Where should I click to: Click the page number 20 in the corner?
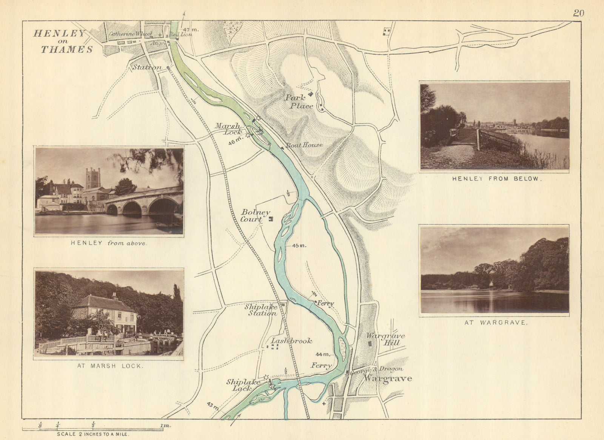578,13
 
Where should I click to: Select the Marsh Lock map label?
228,129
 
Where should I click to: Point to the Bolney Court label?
255,216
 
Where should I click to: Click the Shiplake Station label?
261,310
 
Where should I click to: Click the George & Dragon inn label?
377,369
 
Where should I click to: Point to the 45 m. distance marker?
299,245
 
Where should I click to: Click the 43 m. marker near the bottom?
213,406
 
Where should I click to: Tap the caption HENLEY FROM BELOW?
497,179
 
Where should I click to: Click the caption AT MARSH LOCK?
108,366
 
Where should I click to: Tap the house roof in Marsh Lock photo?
104,303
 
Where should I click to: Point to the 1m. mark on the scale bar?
165,426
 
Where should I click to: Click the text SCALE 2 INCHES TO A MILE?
93,435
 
